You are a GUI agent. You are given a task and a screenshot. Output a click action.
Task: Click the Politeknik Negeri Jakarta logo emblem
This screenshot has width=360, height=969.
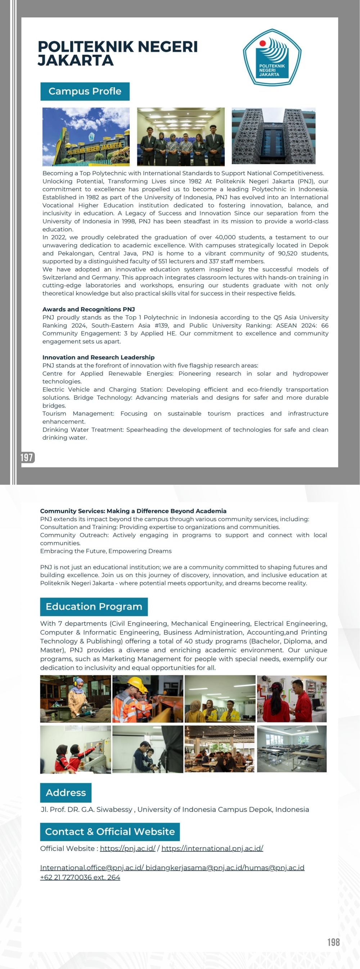(x=271, y=58)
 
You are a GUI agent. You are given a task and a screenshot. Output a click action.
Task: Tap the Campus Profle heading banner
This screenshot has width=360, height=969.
(x=85, y=91)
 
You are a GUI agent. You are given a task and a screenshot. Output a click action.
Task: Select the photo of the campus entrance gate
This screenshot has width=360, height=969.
(x=86, y=137)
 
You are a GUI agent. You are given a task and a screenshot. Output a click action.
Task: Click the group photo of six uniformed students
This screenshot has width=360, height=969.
(x=181, y=137)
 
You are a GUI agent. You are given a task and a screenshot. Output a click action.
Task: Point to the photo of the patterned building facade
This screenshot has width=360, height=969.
(x=274, y=136)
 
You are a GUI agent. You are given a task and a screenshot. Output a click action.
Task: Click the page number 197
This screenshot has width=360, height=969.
(x=27, y=458)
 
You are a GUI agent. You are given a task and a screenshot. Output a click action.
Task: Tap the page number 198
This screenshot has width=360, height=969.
(x=333, y=942)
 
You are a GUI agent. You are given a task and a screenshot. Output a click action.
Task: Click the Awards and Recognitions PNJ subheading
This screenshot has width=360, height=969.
(x=89, y=309)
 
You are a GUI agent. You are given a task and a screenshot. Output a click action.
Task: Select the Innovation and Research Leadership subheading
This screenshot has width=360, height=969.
(x=98, y=357)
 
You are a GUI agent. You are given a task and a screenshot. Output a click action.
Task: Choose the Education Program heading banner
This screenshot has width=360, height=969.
(x=94, y=607)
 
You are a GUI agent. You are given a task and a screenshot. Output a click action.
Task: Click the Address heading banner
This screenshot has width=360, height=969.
(x=66, y=793)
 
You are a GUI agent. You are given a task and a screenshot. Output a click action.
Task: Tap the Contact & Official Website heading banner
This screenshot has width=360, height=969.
(x=110, y=831)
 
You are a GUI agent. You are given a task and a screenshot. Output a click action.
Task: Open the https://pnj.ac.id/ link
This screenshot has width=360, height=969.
(x=127, y=848)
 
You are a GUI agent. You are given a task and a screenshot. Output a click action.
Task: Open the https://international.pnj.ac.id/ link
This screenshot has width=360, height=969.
(x=212, y=848)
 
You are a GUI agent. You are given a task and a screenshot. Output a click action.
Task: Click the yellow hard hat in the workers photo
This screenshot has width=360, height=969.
(x=136, y=683)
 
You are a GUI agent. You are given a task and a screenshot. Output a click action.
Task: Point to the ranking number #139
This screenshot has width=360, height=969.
(x=161, y=325)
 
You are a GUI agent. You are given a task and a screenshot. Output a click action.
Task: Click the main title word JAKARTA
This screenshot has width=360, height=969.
(x=75, y=60)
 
